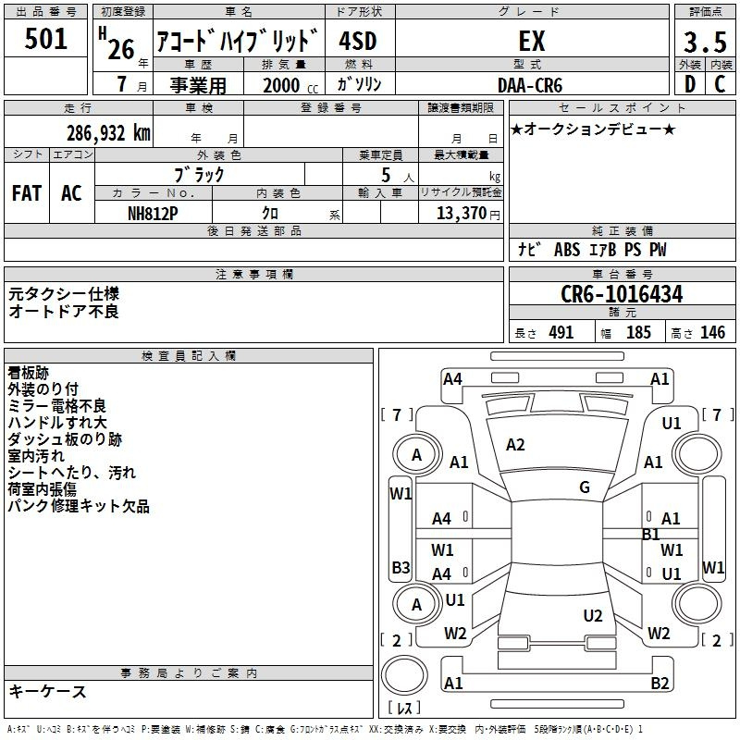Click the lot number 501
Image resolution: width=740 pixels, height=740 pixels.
[x=45, y=39]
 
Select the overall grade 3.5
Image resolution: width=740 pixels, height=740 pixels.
[x=705, y=42]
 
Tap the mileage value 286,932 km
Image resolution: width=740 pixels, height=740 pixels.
[x=108, y=133]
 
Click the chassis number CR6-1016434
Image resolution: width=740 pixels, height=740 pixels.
[x=622, y=294]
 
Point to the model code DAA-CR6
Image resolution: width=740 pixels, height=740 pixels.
[x=530, y=85]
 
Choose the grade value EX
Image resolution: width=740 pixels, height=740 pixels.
[x=532, y=41]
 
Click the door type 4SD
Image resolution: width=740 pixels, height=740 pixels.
[x=358, y=41]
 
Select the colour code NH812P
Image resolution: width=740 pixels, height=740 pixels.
[x=153, y=214]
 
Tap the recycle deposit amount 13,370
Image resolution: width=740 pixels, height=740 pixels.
[x=462, y=214]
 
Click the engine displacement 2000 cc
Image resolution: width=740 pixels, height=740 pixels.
[x=290, y=86]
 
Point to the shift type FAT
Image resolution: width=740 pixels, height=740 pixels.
[x=27, y=193]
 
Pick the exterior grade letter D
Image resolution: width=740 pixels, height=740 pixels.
[x=690, y=84]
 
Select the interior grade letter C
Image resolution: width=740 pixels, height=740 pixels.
[x=720, y=84]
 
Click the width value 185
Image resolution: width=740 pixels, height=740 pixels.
[x=638, y=333]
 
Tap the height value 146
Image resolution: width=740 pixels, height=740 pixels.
[x=712, y=333]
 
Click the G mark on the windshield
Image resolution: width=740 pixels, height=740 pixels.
[x=585, y=487]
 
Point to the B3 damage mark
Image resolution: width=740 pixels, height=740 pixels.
[x=401, y=567]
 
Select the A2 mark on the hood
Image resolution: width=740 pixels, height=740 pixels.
[x=515, y=445]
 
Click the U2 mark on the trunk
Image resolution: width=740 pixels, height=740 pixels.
[x=593, y=616]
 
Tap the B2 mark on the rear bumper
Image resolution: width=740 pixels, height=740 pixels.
[x=660, y=683]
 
